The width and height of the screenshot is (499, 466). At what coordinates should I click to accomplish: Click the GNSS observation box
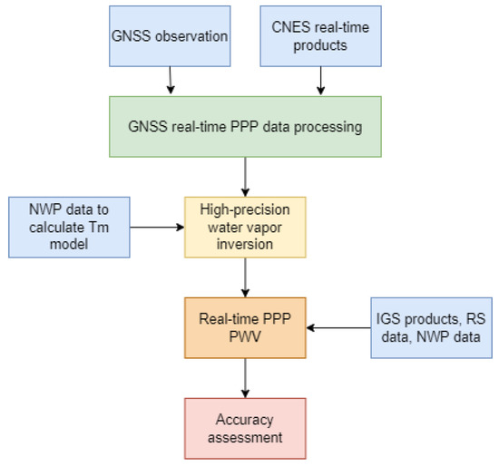[x=169, y=36]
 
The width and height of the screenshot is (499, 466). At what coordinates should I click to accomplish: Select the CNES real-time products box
[x=319, y=36]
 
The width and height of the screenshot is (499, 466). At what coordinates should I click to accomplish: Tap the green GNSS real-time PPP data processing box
[x=245, y=127]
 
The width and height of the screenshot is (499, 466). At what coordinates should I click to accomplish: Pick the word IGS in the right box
[x=391, y=318]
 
